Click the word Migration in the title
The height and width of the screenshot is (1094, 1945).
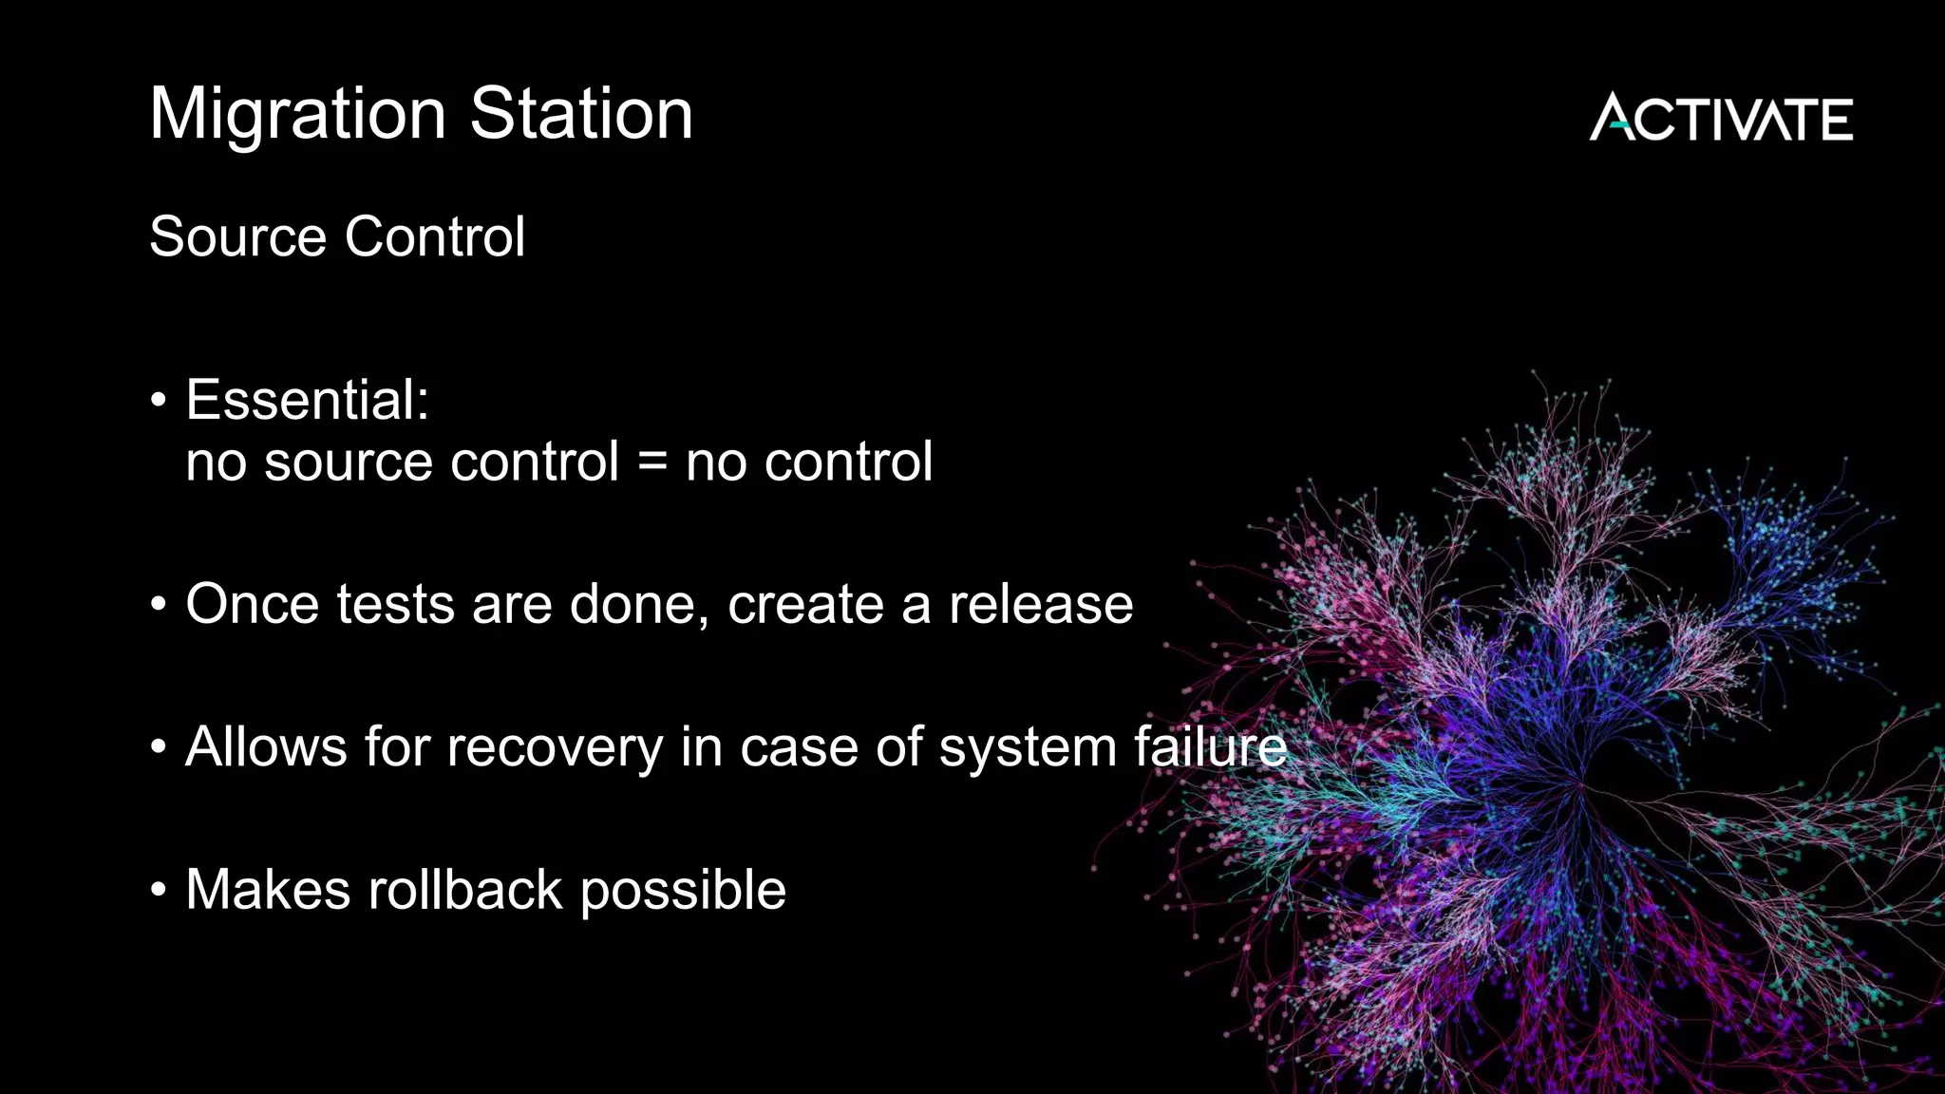[x=297, y=115]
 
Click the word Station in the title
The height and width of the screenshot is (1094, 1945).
[x=581, y=113]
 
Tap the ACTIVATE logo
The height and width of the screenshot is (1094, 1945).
[x=1721, y=119]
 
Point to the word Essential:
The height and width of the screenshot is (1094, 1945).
[x=307, y=400]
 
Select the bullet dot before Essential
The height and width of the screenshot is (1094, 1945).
[x=159, y=400]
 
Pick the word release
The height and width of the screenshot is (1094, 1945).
[x=1041, y=604]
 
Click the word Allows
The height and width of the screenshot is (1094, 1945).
[x=266, y=746]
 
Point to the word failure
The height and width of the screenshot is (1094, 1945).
[x=1210, y=746]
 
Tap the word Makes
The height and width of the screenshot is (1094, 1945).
[x=268, y=890]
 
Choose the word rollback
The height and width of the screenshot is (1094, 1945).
[x=465, y=890]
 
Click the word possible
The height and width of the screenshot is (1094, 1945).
[x=683, y=892]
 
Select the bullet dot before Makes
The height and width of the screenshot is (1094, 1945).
[x=159, y=891]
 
